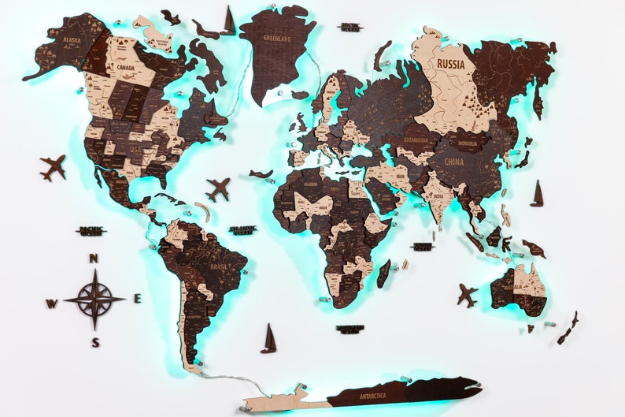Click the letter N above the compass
point(93,259)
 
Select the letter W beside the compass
point(51,303)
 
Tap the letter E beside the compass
point(137,299)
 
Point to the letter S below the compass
point(95,342)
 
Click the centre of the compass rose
point(94,300)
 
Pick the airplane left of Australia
point(467,296)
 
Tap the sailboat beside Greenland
point(229,20)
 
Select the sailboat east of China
point(538,194)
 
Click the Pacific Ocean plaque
point(91,231)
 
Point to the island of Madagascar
point(383,274)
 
